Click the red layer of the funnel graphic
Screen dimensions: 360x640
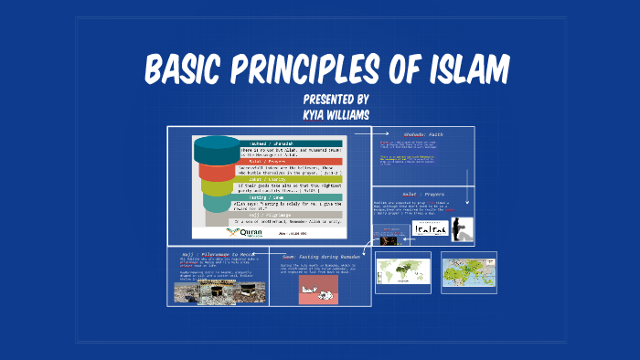(x=216, y=171)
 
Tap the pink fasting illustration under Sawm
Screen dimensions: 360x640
(x=318, y=290)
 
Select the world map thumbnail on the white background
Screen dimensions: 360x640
(x=402, y=271)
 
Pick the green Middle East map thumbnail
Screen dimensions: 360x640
(x=468, y=271)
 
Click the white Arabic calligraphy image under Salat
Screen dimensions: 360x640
(x=430, y=229)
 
